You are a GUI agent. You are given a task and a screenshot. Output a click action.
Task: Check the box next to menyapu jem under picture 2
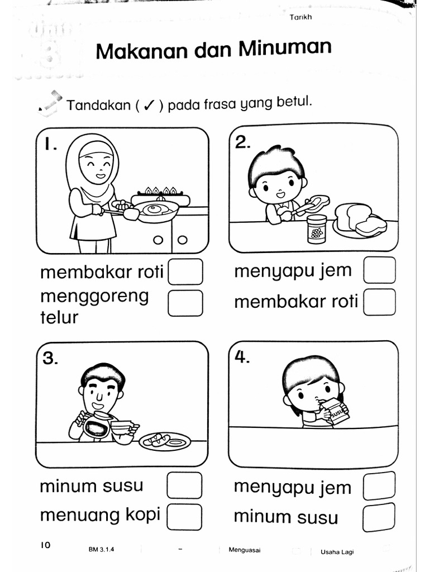click(379, 270)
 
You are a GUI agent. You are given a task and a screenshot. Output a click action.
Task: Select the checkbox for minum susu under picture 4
click(379, 517)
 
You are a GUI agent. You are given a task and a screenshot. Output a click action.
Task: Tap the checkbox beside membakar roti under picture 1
click(185, 272)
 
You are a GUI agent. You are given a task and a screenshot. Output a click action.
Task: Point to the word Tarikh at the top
click(301, 17)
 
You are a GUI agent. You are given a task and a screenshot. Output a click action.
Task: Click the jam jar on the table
click(317, 229)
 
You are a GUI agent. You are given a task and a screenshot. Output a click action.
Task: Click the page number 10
click(45, 545)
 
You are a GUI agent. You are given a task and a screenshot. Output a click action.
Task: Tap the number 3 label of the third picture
click(51, 359)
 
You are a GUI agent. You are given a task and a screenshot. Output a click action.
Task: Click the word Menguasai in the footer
click(244, 550)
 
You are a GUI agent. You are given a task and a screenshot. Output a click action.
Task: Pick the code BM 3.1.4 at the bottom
click(101, 550)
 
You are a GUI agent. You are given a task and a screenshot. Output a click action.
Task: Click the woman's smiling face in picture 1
click(97, 163)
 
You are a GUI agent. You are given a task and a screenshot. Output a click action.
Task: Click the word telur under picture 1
click(59, 317)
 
